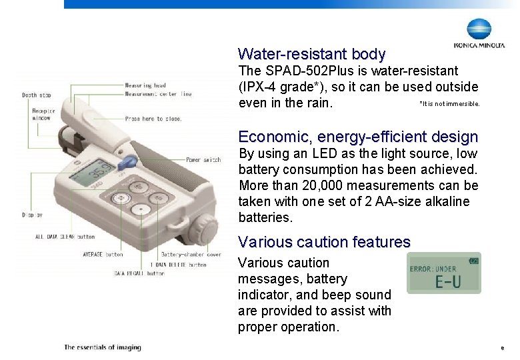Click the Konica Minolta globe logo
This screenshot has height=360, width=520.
[x=479, y=29]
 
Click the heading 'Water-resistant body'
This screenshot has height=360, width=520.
[x=311, y=54]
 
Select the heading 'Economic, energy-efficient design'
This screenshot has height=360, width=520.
[x=358, y=137]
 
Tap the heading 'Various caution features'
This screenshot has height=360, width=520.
[x=324, y=242]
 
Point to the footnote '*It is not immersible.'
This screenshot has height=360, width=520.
[x=449, y=103]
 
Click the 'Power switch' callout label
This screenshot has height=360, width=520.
[x=203, y=160]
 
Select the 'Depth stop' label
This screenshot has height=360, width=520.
[x=37, y=95]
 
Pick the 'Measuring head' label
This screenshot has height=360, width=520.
[x=145, y=85]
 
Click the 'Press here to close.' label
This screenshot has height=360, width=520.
[x=153, y=119]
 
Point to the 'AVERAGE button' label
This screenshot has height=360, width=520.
[x=103, y=254]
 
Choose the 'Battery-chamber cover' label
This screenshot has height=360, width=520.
[x=191, y=254]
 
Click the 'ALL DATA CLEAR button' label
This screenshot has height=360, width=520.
[x=65, y=237]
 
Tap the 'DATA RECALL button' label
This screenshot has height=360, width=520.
[x=139, y=273]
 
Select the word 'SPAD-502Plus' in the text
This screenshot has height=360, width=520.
[x=300, y=71]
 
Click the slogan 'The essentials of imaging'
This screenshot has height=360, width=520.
[x=103, y=347]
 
